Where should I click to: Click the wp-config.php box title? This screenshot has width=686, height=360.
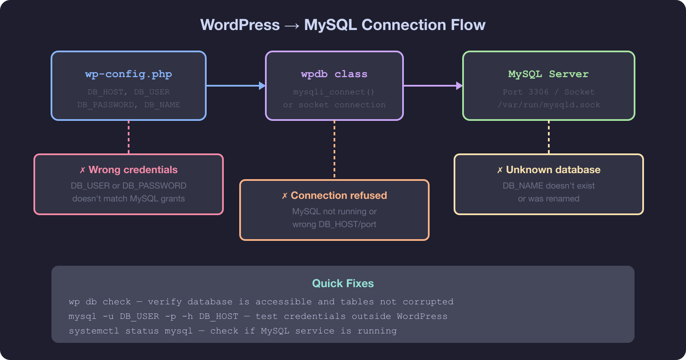pyautogui.click(x=129, y=74)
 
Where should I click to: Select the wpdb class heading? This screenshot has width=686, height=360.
pyautogui.click(x=334, y=74)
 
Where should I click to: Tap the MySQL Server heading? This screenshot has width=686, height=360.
pyautogui.click(x=548, y=74)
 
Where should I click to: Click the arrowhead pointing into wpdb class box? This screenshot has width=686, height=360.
pyautogui.click(x=262, y=86)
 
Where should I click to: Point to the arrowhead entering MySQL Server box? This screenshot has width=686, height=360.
pyautogui.click(x=459, y=86)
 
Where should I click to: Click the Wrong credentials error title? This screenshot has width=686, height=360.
pyautogui.click(x=133, y=170)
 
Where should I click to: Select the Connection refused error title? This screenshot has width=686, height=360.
pyautogui.click(x=339, y=195)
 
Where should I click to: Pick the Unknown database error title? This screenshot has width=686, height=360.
pyautogui.click(x=553, y=170)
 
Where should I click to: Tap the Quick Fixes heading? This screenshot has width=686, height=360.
pyautogui.click(x=343, y=283)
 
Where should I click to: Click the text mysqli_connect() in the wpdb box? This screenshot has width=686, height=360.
pyautogui.click(x=334, y=92)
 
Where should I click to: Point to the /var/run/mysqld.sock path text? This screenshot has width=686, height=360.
pyautogui.click(x=549, y=105)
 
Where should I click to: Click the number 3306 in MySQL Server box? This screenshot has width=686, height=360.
pyautogui.click(x=539, y=92)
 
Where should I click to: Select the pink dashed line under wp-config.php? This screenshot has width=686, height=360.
pyautogui.click(x=129, y=137)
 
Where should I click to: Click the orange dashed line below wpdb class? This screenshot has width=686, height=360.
pyautogui.click(x=334, y=150)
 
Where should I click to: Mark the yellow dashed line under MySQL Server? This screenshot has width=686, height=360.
pyautogui.click(x=549, y=137)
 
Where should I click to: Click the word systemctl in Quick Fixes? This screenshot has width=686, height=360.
pyautogui.click(x=93, y=331)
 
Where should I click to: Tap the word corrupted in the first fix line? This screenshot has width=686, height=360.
pyautogui.click(x=428, y=302)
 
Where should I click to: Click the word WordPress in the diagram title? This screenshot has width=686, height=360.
pyautogui.click(x=240, y=25)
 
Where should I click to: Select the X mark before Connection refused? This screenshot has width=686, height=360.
pyautogui.click(x=285, y=196)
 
